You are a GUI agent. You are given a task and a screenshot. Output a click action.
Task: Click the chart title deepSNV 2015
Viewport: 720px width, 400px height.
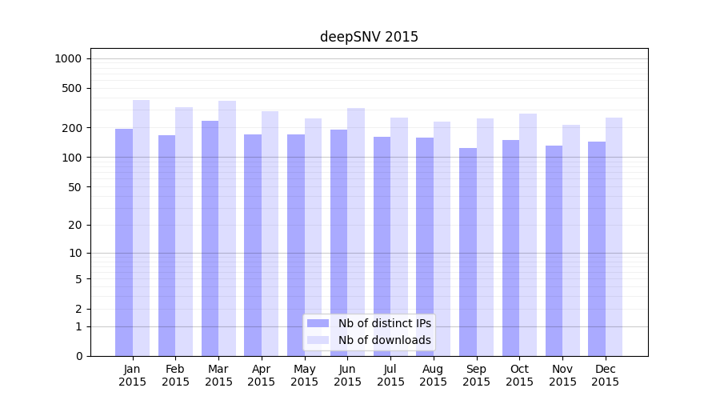click(x=369, y=37)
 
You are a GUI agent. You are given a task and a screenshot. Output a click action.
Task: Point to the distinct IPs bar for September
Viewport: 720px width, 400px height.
click(x=468, y=252)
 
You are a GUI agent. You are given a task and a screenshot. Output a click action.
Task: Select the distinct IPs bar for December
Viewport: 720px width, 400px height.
click(x=597, y=249)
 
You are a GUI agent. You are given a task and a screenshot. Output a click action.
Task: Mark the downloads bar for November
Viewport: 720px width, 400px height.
click(x=571, y=240)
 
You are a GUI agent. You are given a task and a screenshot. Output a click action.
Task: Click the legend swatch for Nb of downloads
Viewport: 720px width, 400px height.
click(x=318, y=340)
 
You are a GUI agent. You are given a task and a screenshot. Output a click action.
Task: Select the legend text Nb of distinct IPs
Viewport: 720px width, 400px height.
click(x=385, y=323)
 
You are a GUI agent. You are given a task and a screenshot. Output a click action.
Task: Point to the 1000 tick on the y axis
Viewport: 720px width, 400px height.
click(x=67, y=58)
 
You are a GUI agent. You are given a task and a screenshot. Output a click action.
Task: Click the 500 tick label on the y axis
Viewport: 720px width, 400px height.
click(x=73, y=88)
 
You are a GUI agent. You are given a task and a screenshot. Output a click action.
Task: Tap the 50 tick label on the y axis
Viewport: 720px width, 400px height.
click(x=75, y=186)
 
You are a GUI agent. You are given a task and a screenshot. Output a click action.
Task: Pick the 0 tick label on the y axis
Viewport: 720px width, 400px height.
click(x=78, y=356)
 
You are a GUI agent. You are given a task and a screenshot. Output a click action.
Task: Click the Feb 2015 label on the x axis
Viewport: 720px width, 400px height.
click(x=175, y=375)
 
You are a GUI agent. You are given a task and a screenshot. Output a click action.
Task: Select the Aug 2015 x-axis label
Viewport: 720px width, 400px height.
click(x=434, y=375)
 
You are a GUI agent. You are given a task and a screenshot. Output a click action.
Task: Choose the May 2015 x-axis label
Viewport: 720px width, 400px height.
click(x=305, y=375)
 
